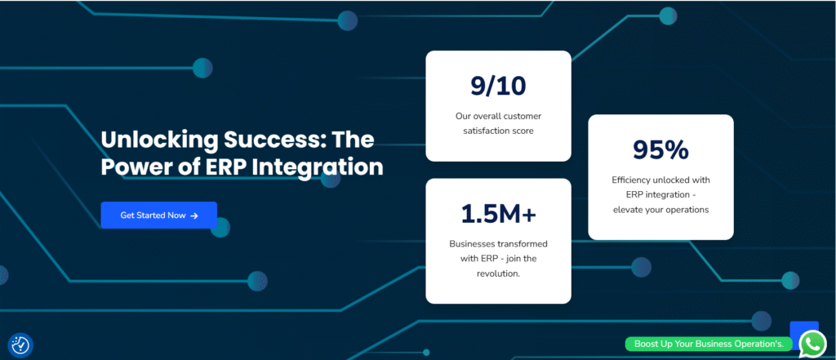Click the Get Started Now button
(x=159, y=216)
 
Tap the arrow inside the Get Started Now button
(x=194, y=216)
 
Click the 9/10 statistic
(x=498, y=86)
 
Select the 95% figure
(x=660, y=150)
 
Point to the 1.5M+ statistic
(x=498, y=213)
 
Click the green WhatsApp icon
(x=812, y=344)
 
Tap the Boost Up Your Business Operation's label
(x=709, y=344)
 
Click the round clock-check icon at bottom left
(x=20, y=345)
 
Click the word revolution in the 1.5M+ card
(x=497, y=273)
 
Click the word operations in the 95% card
(x=687, y=210)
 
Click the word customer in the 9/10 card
(x=523, y=116)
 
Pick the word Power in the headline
(x=131, y=167)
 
